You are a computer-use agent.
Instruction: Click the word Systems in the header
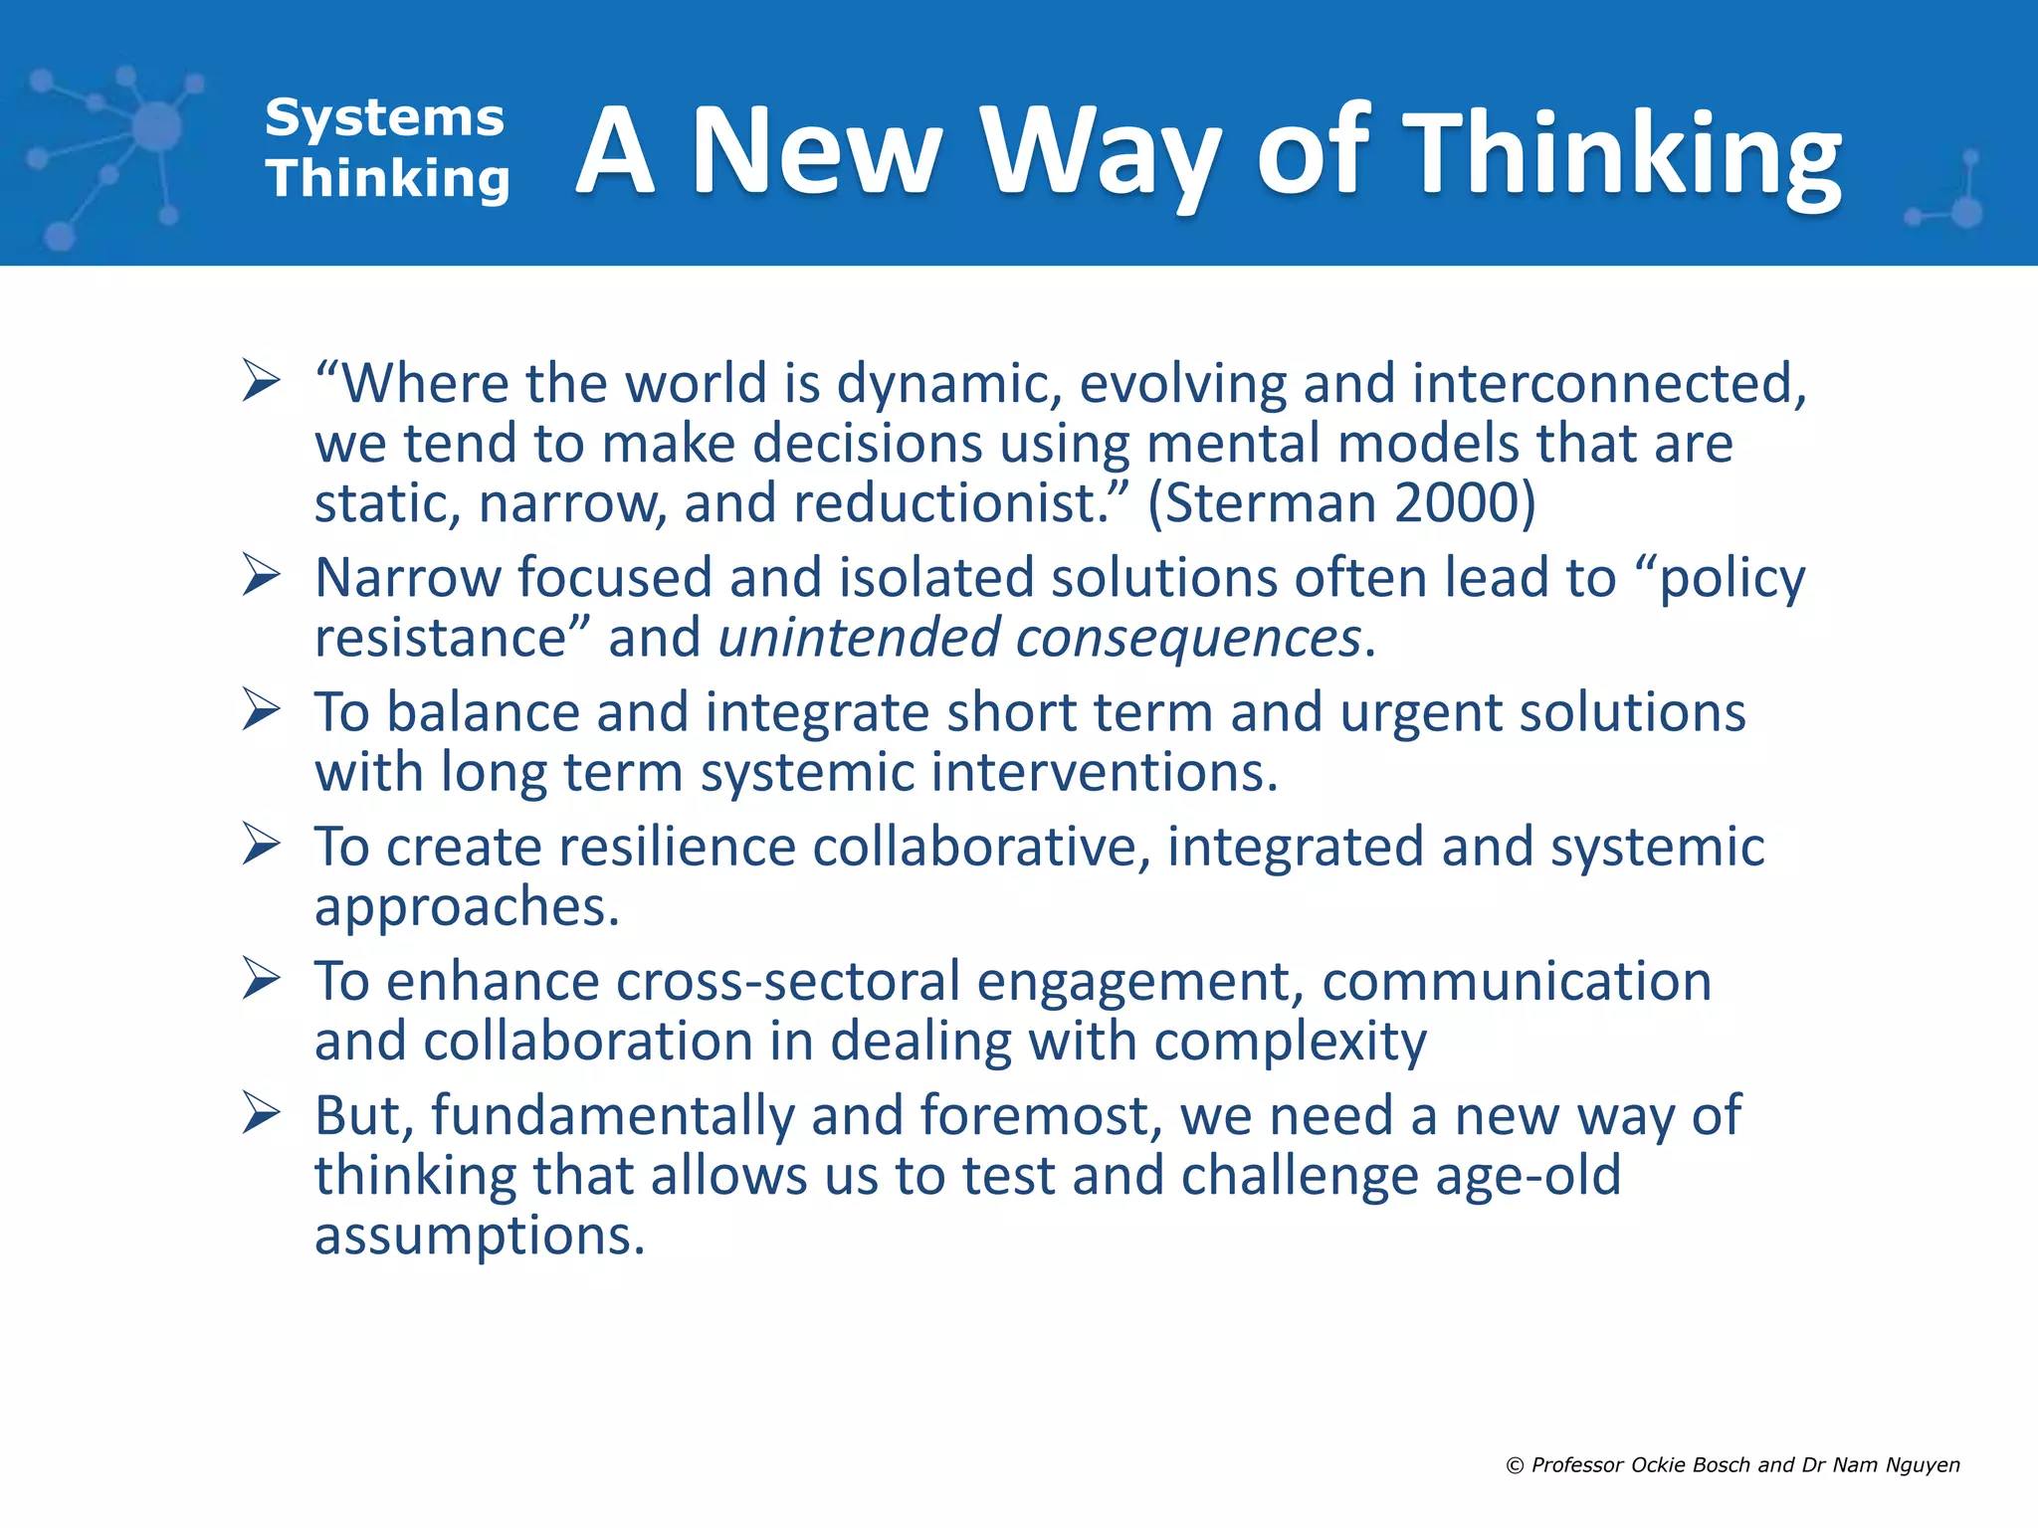coord(384,118)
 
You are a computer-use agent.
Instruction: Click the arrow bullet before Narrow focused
coord(261,576)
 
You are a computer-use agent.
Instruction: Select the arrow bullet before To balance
coord(261,710)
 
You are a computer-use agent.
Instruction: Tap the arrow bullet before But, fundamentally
coord(261,1113)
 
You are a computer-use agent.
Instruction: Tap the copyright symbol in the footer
coord(1515,1465)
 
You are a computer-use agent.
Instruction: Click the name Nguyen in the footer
coord(1923,1465)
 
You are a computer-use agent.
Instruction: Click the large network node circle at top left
coord(156,127)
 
